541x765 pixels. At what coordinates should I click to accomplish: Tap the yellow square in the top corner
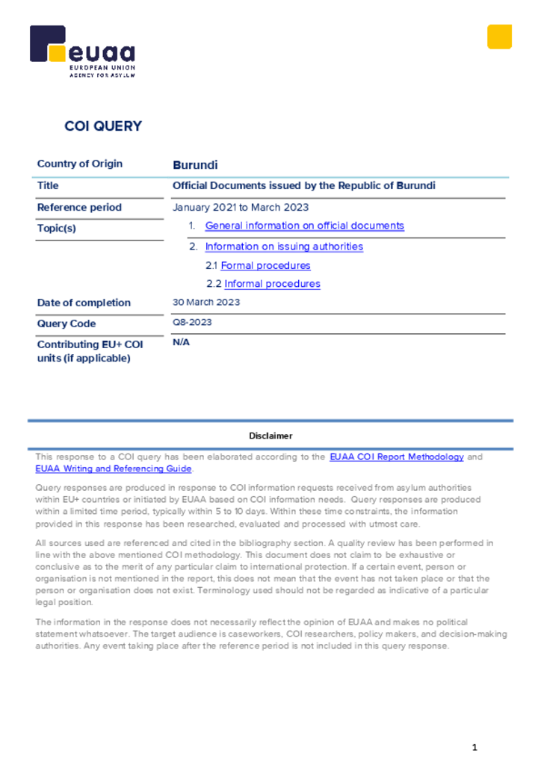(x=499, y=37)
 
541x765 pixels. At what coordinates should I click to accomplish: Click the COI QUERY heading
(x=103, y=126)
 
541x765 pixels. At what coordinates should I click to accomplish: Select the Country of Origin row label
(x=80, y=164)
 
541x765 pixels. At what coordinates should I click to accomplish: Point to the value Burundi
(x=195, y=165)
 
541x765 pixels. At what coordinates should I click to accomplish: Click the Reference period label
(x=79, y=207)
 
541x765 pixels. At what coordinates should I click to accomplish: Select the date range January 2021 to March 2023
(x=241, y=207)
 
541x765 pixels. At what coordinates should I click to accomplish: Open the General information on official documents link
(x=304, y=226)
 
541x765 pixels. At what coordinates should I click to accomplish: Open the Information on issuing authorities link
(x=284, y=247)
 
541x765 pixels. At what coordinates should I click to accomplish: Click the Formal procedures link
(x=265, y=265)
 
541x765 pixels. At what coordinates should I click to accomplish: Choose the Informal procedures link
(x=272, y=284)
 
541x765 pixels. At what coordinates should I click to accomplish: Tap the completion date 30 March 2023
(x=206, y=303)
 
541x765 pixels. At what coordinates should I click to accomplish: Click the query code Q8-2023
(x=192, y=323)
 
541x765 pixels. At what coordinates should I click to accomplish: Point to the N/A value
(x=182, y=342)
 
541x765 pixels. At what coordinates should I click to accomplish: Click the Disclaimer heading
(x=270, y=436)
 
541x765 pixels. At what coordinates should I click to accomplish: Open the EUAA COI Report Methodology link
(x=396, y=456)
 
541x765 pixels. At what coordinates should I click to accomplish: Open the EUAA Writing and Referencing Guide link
(x=114, y=469)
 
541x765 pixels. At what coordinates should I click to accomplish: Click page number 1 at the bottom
(x=474, y=747)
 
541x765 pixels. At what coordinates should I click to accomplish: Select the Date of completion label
(x=84, y=303)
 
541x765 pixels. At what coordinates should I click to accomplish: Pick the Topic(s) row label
(x=57, y=229)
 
